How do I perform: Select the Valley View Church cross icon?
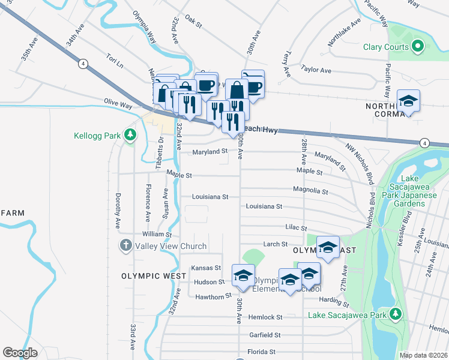(x=125, y=245)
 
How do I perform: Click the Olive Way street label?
(x=118, y=104)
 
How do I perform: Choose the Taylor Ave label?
(x=316, y=70)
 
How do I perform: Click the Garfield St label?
(x=266, y=335)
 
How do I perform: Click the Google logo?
(x=20, y=353)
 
